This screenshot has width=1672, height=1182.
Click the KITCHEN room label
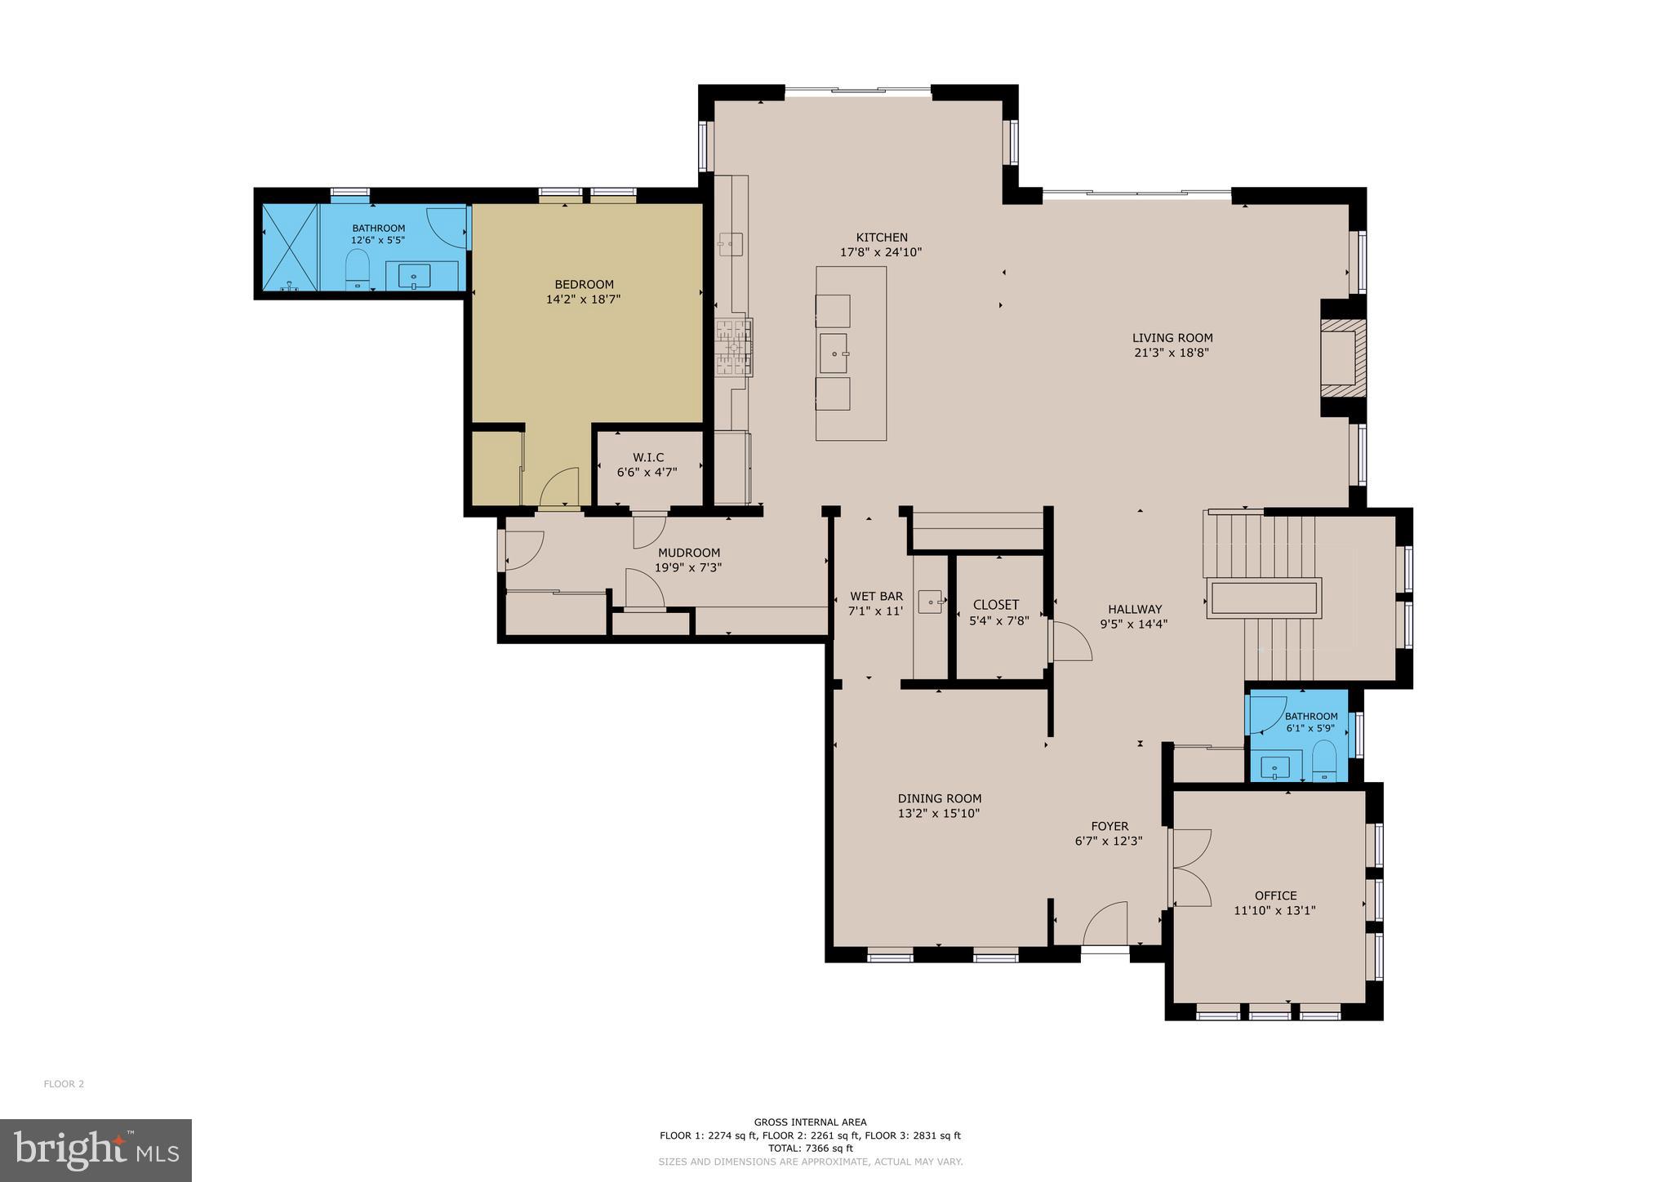coord(881,238)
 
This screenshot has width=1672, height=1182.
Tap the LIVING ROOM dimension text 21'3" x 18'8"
coord(1172,353)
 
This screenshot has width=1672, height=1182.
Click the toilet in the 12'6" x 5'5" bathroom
coord(358,269)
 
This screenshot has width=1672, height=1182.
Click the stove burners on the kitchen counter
coord(734,347)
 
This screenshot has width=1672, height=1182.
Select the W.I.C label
coord(648,457)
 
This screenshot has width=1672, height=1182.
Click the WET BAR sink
coord(930,602)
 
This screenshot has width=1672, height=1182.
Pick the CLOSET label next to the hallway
coord(996,605)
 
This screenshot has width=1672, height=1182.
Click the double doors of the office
coord(1190,867)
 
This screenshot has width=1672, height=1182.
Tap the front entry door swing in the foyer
coord(1105,924)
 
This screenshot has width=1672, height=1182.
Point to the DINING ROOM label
coord(939,798)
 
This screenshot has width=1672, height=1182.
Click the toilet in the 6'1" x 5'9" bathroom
coord(1323,759)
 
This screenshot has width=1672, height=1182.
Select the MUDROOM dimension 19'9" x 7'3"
coord(688,567)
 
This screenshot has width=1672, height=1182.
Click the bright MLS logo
coord(96,1150)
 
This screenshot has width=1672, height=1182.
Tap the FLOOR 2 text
coord(64,1084)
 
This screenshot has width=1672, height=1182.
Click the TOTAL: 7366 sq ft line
coord(810,1148)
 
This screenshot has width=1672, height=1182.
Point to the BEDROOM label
coord(584,284)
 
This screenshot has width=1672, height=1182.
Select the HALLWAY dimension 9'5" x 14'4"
coord(1134,624)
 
